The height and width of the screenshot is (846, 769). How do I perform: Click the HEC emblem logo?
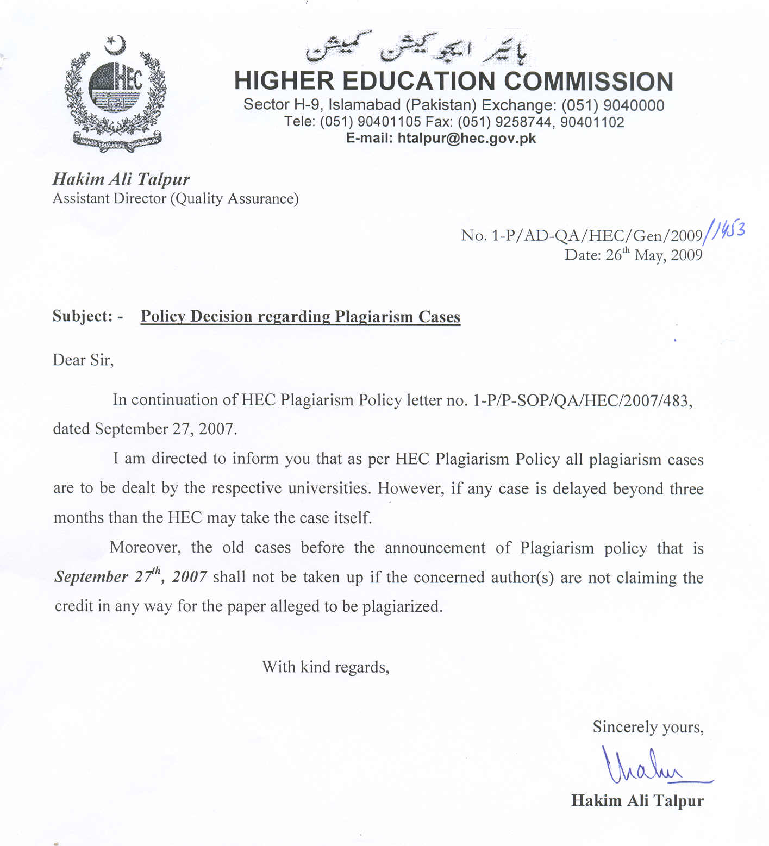pos(116,95)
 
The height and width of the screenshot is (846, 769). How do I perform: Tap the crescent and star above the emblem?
pos(115,45)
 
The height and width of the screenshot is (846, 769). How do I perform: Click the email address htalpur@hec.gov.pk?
pos(466,139)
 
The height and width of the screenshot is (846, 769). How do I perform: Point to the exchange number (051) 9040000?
pos(612,105)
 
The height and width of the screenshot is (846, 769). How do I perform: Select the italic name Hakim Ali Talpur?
pos(121,179)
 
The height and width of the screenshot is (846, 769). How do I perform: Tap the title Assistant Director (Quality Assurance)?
pos(176,199)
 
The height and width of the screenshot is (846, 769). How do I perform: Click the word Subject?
pos(82,316)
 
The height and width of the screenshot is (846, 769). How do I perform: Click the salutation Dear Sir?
pos(83,360)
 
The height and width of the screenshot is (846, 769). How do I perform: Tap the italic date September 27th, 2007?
pos(130,576)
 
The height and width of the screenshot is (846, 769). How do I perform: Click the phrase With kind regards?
pos(326,667)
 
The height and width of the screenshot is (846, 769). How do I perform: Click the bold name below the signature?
pos(637,800)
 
